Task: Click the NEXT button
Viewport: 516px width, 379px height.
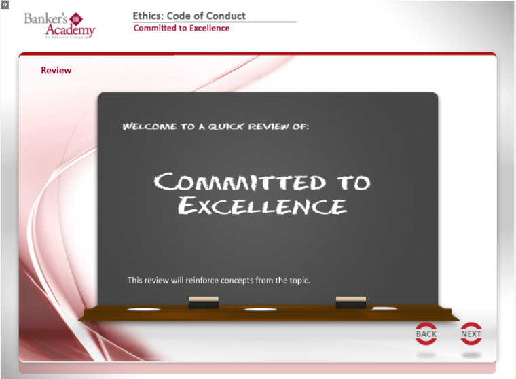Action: coord(471,333)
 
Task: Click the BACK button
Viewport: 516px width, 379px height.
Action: coord(426,333)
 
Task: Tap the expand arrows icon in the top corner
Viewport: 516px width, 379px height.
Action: coord(5,5)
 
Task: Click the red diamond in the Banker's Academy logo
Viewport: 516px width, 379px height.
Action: coord(76,20)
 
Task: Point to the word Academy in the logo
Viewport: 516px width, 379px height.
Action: coord(71,31)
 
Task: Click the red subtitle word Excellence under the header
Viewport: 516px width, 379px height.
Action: coord(209,28)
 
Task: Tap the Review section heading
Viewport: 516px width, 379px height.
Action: coord(56,70)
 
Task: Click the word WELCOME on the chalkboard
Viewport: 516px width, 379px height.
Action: coord(150,126)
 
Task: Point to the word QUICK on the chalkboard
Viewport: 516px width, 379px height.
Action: coord(226,126)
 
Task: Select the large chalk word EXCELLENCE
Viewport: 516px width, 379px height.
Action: coord(262,206)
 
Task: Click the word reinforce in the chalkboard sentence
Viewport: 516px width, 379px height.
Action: coord(202,281)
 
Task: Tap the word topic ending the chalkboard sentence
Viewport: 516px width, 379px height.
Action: coord(300,281)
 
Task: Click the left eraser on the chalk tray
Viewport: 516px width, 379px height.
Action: coord(204,302)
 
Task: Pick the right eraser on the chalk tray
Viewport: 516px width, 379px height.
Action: coord(351,302)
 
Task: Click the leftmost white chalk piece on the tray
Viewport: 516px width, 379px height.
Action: coord(144,309)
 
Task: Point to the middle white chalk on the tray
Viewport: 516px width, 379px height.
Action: coord(260,309)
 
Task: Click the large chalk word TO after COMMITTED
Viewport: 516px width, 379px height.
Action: coord(354,182)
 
